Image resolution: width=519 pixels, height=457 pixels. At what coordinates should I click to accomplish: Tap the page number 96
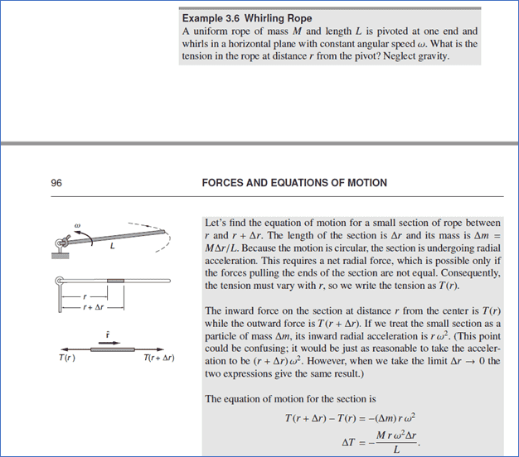click(x=56, y=182)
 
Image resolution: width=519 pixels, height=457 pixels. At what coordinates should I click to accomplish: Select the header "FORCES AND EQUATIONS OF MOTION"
click(x=294, y=182)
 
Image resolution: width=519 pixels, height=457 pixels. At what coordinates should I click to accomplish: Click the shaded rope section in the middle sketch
click(x=115, y=282)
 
